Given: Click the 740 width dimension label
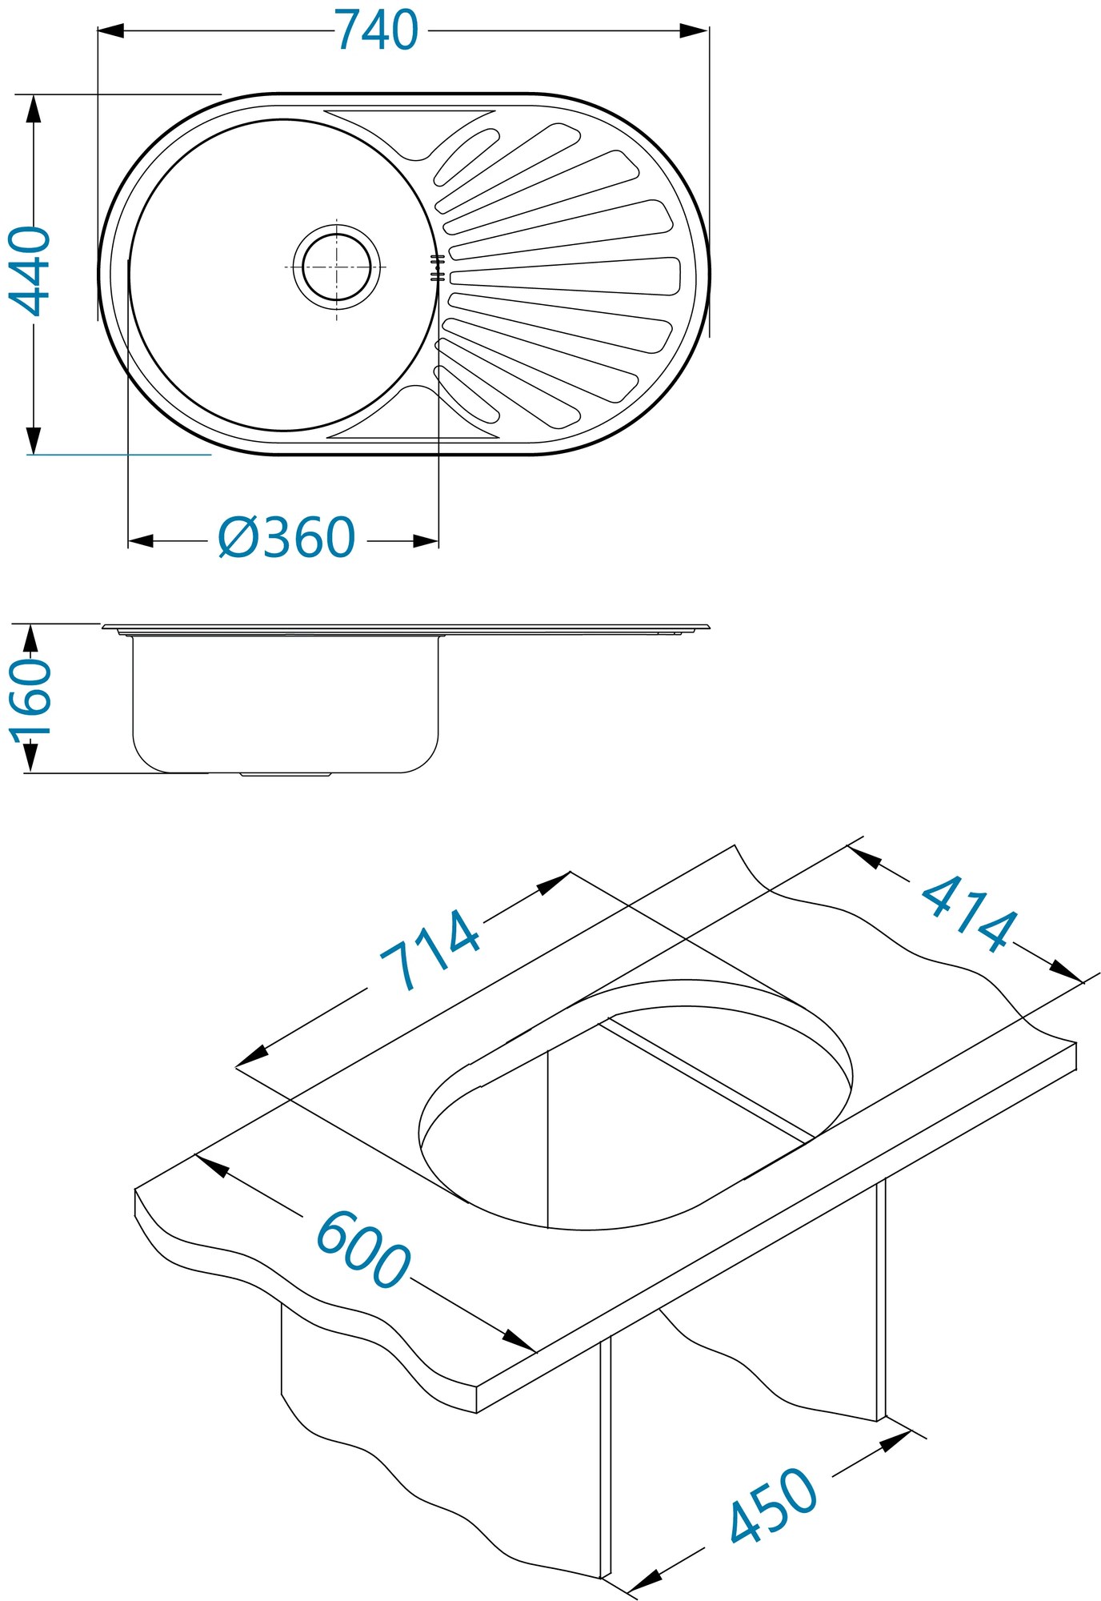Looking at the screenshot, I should point(376,32).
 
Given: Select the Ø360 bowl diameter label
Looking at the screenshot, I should point(286,538).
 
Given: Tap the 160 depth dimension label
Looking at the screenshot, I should point(30,697).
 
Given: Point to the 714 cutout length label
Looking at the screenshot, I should point(430,950).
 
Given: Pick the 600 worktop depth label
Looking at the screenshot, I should point(363,1250).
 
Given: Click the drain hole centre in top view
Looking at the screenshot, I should point(336,267).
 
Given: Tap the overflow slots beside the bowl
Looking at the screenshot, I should point(437,268).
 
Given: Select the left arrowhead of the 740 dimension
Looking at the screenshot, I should point(110,31).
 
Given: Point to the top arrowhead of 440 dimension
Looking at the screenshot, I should point(33,108).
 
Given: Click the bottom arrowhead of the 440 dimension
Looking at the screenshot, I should point(33,440).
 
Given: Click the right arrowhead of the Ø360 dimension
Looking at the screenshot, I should point(426,542).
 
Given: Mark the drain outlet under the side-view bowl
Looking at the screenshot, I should point(286,774).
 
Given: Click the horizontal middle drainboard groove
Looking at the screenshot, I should point(564,275).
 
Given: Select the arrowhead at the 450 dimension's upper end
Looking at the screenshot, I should point(896,1440).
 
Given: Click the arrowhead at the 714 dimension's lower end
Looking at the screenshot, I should point(251,1059).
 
